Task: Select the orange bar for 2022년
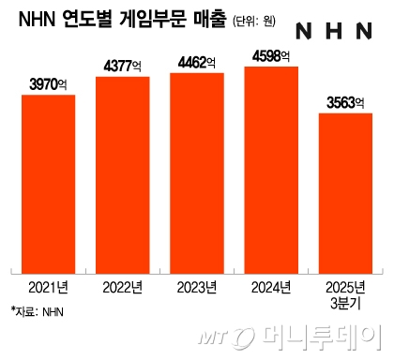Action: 123,173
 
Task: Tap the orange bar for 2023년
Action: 197,172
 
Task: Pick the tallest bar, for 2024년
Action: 271,169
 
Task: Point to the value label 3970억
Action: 49,84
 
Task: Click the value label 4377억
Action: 123,67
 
